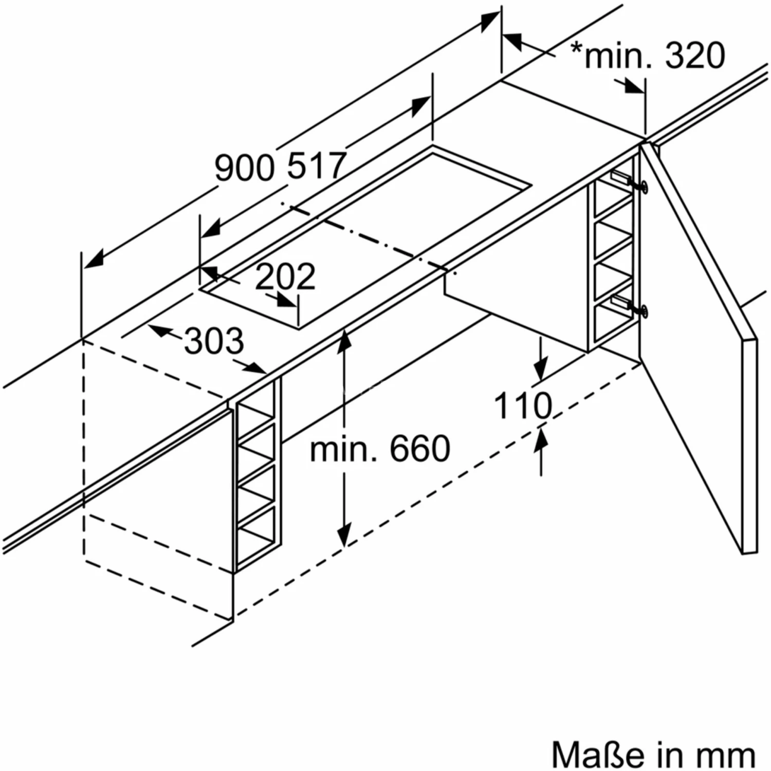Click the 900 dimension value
pos(245,168)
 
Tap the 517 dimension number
pos(316,166)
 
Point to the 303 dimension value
pos(214,341)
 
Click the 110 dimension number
pos(523,406)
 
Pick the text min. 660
pos(380,449)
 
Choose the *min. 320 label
pos(649,56)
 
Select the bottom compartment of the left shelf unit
pos(257,540)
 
